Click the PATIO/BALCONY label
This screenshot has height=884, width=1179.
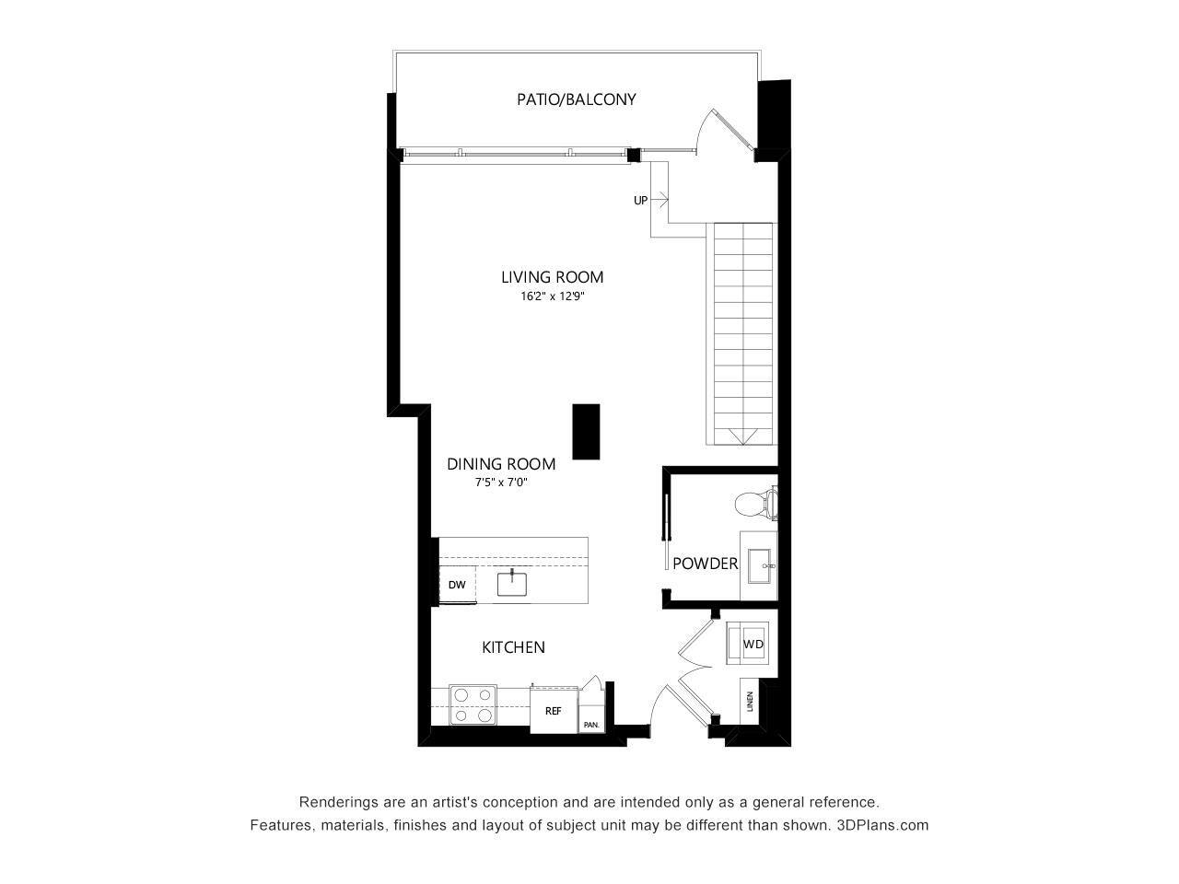[x=576, y=99]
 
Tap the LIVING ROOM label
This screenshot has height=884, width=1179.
[x=552, y=276]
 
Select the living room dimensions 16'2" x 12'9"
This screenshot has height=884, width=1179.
[x=553, y=297]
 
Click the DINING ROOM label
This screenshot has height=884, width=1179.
[x=501, y=464]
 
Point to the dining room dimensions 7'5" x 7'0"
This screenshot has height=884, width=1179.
[x=500, y=483]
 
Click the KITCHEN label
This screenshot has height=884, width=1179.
[x=513, y=647]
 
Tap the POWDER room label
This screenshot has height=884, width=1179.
[x=705, y=564]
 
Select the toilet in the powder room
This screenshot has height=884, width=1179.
[x=756, y=504]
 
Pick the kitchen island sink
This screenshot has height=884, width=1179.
[x=511, y=583]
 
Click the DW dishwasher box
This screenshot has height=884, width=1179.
[x=457, y=585]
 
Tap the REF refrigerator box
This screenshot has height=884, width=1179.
[x=553, y=710]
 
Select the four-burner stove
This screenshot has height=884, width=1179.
[x=472, y=704]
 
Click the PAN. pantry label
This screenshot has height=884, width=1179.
[x=590, y=725]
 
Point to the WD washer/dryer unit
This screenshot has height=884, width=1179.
[x=753, y=644]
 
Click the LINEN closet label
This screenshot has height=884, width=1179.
[x=751, y=702]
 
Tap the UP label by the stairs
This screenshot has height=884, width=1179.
[x=640, y=200]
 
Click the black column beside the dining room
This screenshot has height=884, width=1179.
[x=586, y=431]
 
